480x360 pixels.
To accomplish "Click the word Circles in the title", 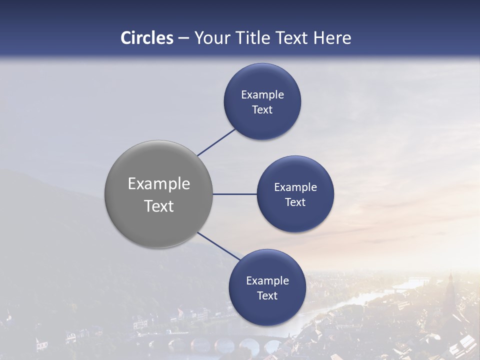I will (147, 38).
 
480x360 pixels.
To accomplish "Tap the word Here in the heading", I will (332, 38).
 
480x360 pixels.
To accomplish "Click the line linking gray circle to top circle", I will (216, 142).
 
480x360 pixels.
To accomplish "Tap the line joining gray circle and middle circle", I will (235, 194).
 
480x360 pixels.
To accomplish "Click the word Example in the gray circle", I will (159, 184).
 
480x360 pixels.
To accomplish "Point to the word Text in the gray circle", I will (159, 206).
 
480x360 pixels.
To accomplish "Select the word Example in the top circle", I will (262, 94).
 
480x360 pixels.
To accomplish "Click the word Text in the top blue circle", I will (262, 110).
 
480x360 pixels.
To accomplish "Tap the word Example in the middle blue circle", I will (295, 187).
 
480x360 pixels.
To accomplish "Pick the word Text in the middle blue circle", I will (295, 202).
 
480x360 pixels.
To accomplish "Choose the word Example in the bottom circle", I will (267, 280).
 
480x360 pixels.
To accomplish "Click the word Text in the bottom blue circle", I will (267, 296).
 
